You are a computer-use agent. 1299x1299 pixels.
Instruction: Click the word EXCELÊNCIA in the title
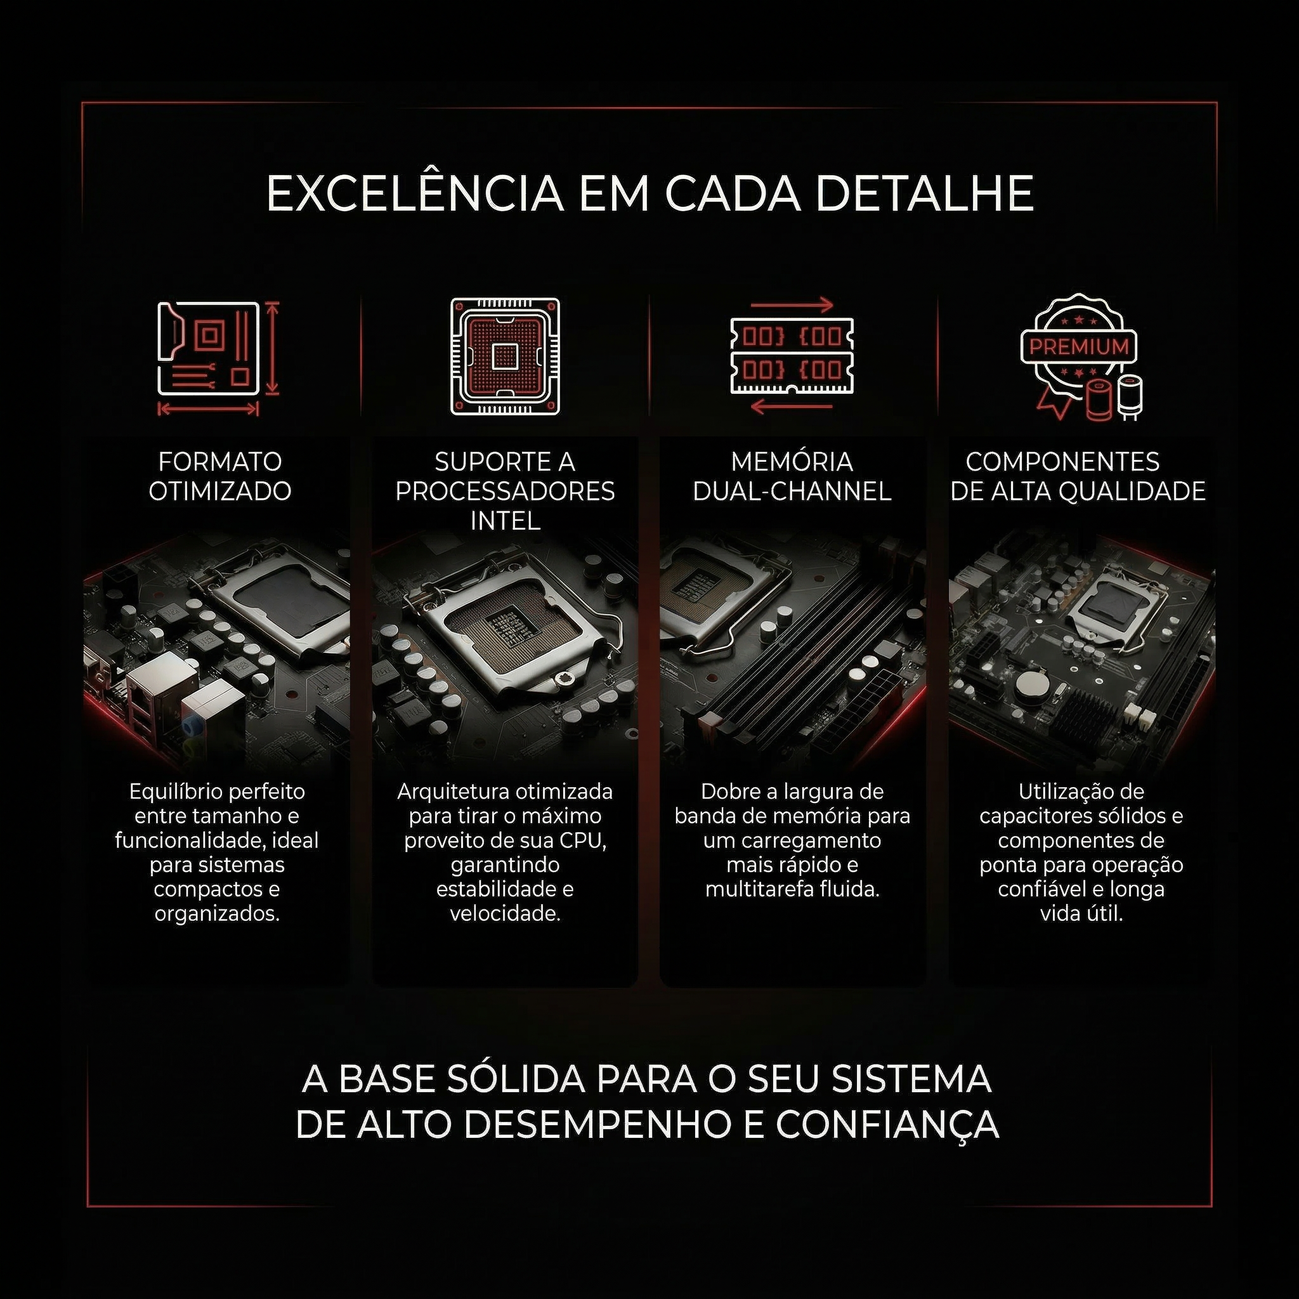click(415, 193)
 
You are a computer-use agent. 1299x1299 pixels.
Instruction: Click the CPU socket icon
click(505, 356)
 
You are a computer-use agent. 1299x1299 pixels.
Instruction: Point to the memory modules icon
click(792, 355)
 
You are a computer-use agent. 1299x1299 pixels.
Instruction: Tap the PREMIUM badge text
click(1079, 347)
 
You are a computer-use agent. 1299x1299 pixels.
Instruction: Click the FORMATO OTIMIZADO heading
click(220, 476)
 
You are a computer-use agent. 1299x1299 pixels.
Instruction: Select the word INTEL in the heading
click(505, 520)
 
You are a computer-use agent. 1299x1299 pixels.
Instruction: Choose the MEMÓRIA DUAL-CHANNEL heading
click(792, 476)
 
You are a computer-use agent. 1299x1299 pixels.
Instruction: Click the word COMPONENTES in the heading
click(1063, 462)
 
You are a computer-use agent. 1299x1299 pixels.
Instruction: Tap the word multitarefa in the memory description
click(760, 889)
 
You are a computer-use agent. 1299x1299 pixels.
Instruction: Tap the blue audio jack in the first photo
click(193, 724)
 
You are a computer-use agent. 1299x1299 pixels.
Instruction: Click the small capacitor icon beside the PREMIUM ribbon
click(1130, 396)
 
